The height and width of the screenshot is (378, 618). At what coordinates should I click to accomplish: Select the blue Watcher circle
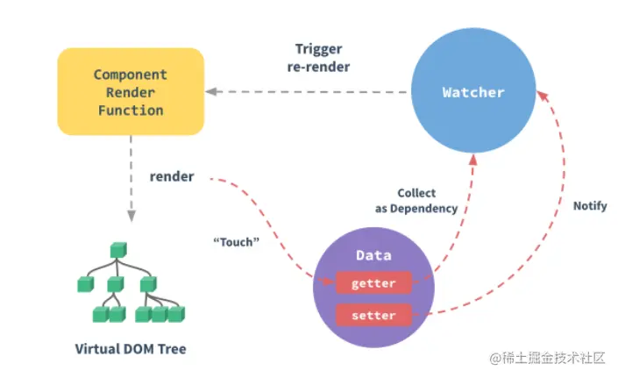(x=473, y=91)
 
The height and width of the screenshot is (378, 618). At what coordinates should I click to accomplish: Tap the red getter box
(x=373, y=283)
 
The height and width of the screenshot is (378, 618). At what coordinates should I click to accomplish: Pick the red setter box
(x=373, y=315)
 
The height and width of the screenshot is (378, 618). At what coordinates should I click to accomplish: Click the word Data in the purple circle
(x=373, y=255)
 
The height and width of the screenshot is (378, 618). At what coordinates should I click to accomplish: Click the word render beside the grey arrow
(x=172, y=176)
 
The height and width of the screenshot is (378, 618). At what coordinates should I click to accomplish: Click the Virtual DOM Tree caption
(x=130, y=349)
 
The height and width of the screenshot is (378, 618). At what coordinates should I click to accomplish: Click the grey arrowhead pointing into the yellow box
(x=210, y=91)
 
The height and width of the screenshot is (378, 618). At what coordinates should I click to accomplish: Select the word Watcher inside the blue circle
(x=473, y=91)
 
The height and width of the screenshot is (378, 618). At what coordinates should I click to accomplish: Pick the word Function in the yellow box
(x=130, y=111)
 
